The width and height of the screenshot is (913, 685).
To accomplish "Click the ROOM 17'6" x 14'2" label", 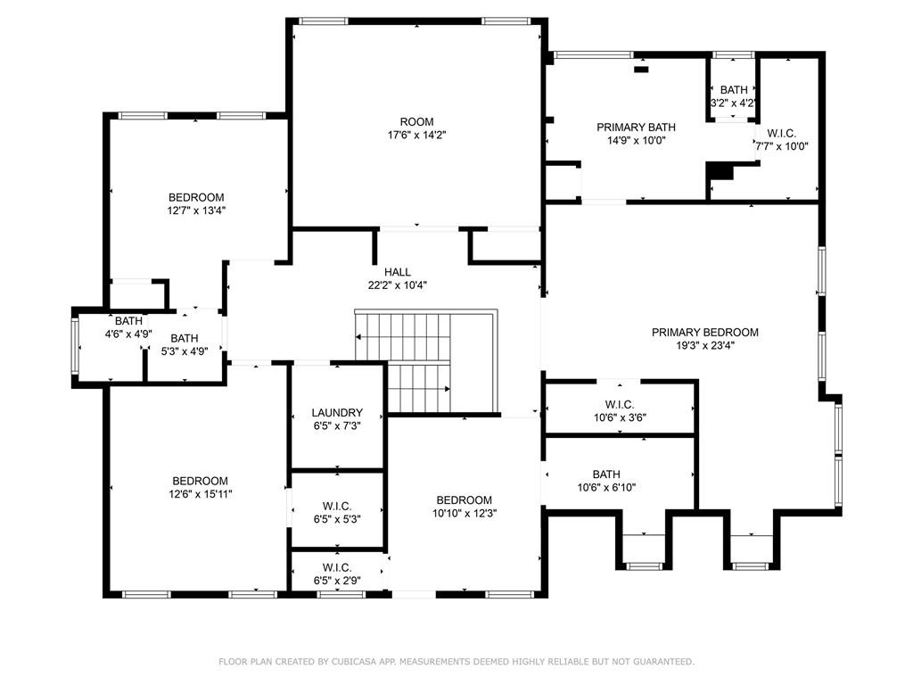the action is tap(417, 128).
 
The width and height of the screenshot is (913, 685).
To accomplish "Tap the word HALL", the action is tap(397, 272).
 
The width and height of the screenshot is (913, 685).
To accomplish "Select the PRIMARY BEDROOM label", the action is tap(704, 332).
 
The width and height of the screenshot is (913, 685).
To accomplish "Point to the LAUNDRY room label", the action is tap(337, 412).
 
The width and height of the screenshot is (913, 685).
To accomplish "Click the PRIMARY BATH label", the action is tap(636, 127).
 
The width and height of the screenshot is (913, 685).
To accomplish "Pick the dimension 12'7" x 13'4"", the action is tap(196, 210).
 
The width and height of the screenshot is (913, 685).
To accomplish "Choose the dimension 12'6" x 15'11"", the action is tap(200, 494).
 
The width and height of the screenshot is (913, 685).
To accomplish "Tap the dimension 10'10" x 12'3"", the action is tap(464, 513).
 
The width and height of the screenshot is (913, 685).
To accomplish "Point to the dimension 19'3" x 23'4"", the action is tap(705, 345).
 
